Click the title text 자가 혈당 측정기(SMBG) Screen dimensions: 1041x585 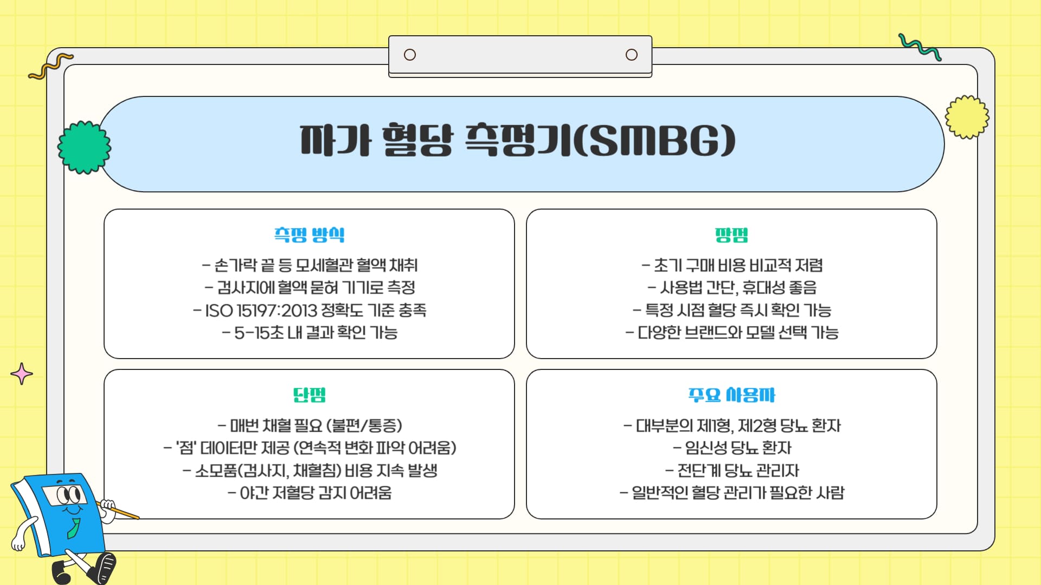point(518,141)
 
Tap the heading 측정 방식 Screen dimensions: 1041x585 point(309,235)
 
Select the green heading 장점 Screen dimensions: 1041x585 point(731,235)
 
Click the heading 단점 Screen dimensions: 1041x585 point(309,395)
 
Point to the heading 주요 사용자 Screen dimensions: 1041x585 point(731,395)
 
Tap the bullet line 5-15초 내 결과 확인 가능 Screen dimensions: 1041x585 point(310,333)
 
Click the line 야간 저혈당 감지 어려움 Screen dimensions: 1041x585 point(310,493)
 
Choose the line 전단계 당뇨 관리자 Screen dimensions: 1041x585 point(732,470)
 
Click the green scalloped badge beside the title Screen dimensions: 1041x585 point(84,147)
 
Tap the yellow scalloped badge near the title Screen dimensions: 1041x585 point(967,117)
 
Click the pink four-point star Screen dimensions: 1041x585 point(22,374)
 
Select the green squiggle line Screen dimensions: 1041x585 point(920,47)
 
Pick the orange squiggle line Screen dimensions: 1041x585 point(50,66)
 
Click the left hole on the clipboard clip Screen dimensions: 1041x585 point(410,55)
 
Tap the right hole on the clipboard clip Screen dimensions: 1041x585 point(631,55)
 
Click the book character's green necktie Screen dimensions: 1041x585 point(73,528)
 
